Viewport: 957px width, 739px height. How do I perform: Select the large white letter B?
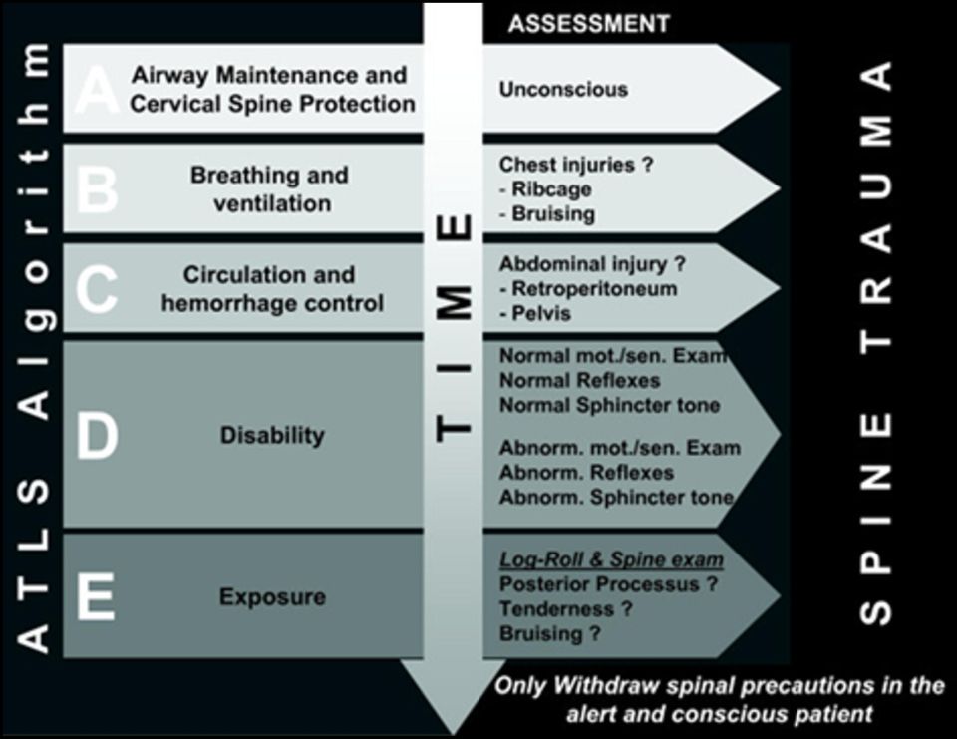(97, 188)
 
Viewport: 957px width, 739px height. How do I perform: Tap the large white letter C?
(97, 289)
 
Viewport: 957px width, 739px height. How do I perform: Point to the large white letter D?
(97, 435)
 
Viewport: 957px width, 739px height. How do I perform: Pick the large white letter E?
(96, 596)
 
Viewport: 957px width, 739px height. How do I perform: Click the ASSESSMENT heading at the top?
(589, 24)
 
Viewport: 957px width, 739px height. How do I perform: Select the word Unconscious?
(563, 89)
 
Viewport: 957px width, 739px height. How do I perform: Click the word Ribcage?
(551, 189)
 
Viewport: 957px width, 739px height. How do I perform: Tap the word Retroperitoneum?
(594, 289)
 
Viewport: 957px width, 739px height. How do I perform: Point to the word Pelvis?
(541, 314)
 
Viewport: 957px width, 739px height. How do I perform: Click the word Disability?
(272, 436)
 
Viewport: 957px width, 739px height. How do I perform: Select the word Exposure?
(272, 596)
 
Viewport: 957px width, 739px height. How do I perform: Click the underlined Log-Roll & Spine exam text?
(611, 560)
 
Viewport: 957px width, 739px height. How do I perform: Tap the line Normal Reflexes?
(580, 381)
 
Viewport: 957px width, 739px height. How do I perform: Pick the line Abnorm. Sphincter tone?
(616, 497)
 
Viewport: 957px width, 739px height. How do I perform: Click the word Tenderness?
(556, 609)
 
